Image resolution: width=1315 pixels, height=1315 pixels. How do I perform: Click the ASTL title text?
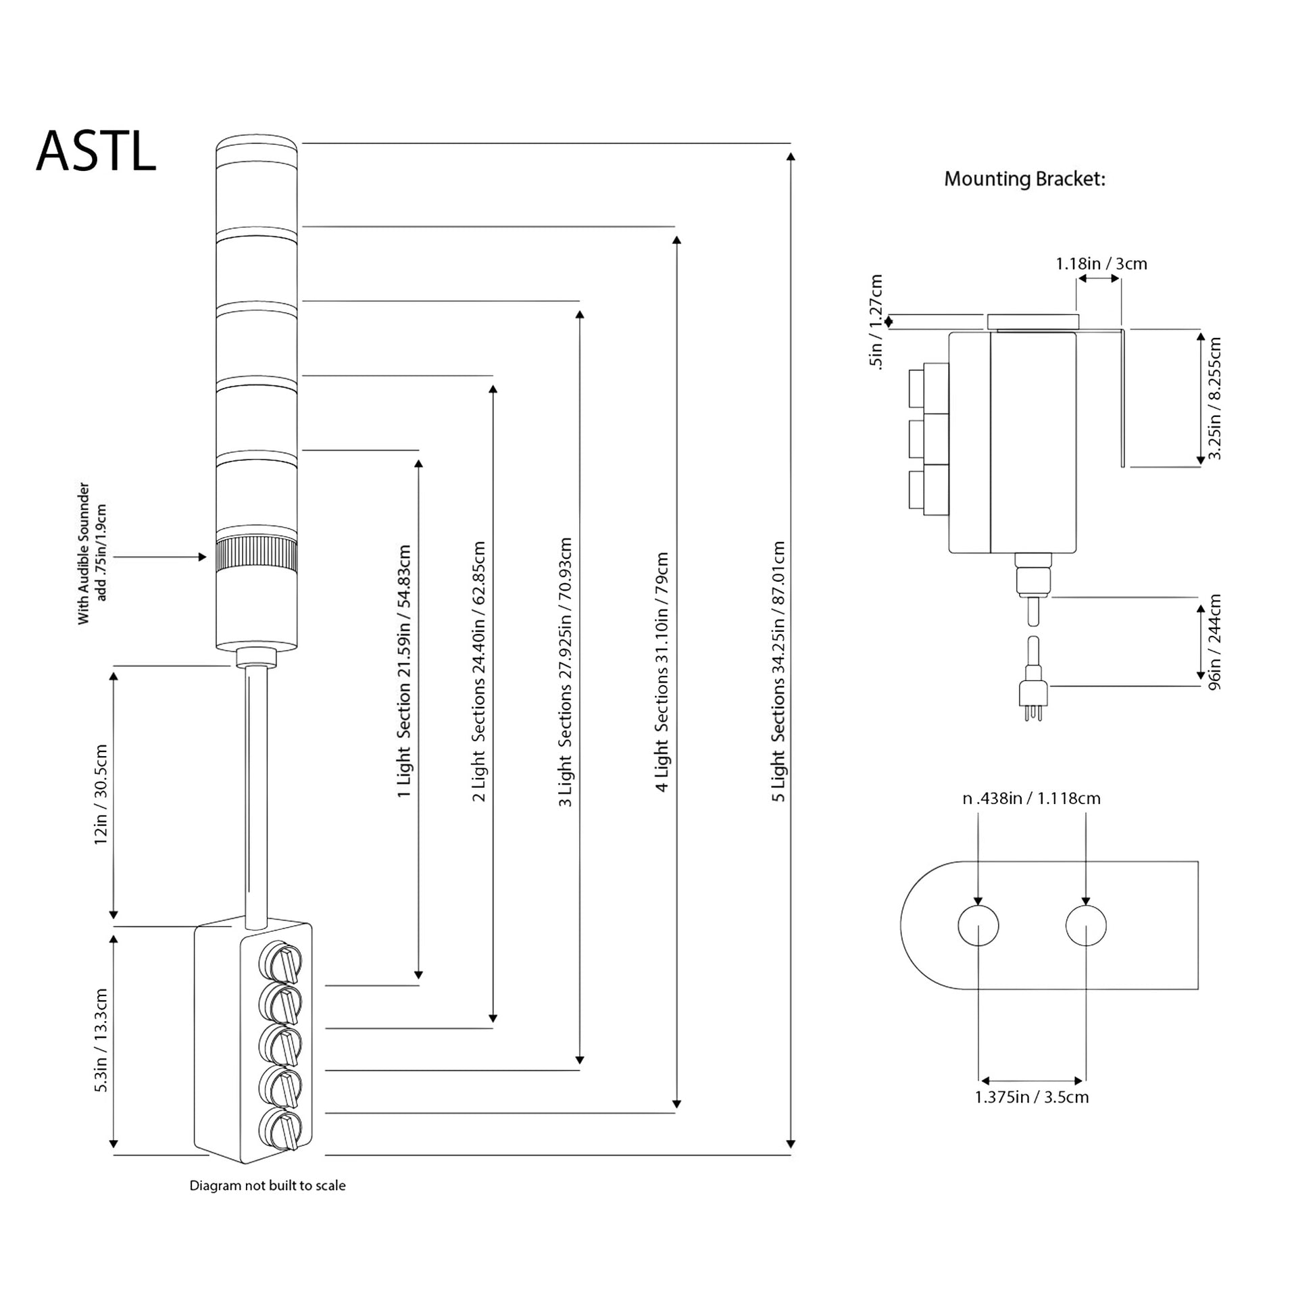tap(96, 152)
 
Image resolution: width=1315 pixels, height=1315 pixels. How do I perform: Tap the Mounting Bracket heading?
tap(1024, 179)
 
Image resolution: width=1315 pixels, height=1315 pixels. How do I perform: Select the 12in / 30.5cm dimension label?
tap(101, 795)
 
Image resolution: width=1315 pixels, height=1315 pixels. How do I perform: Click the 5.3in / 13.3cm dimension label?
tap(101, 1041)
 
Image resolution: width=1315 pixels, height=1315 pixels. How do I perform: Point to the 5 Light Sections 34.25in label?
tap(778, 671)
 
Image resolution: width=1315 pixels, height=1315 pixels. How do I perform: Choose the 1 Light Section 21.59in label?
tap(404, 671)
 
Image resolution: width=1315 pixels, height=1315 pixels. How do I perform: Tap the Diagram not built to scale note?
tap(268, 1186)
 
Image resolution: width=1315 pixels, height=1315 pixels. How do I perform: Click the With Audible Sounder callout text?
tap(92, 553)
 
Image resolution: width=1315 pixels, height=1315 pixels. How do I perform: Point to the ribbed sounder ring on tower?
tap(256, 556)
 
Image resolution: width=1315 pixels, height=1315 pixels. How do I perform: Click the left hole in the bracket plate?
tap(978, 926)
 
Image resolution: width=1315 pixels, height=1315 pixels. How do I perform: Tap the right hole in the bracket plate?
tap(1086, 926)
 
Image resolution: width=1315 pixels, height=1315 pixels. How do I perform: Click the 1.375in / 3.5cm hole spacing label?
tap(1032, 1097)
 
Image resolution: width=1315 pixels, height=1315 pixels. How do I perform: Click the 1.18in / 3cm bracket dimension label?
tap(1101, 264)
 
